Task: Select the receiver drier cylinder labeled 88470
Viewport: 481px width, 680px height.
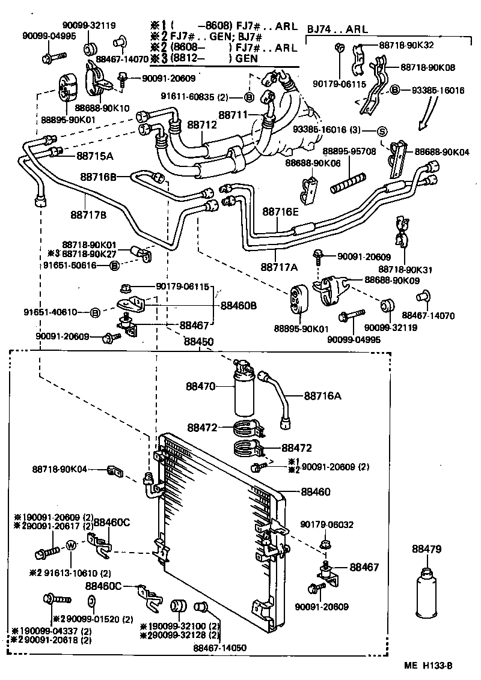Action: tap(244, 393)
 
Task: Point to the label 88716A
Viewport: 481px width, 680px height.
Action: tap(322, 396)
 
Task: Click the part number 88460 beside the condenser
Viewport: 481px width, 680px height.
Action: tap(316, 492)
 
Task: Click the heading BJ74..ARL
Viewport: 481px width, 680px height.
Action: tap(338, 29)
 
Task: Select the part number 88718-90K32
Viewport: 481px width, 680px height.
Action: tap(406, 44)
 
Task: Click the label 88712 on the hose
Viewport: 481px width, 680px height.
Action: tap(201, 125)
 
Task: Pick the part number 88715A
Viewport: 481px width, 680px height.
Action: tap(95, 156)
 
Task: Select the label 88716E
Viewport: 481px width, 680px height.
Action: tap(281, 211)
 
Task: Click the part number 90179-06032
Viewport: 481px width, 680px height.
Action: tap(327, 524)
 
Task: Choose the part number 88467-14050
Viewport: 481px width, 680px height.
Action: tap(219, 648)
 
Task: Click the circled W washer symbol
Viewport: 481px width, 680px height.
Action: tap(70, 545)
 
